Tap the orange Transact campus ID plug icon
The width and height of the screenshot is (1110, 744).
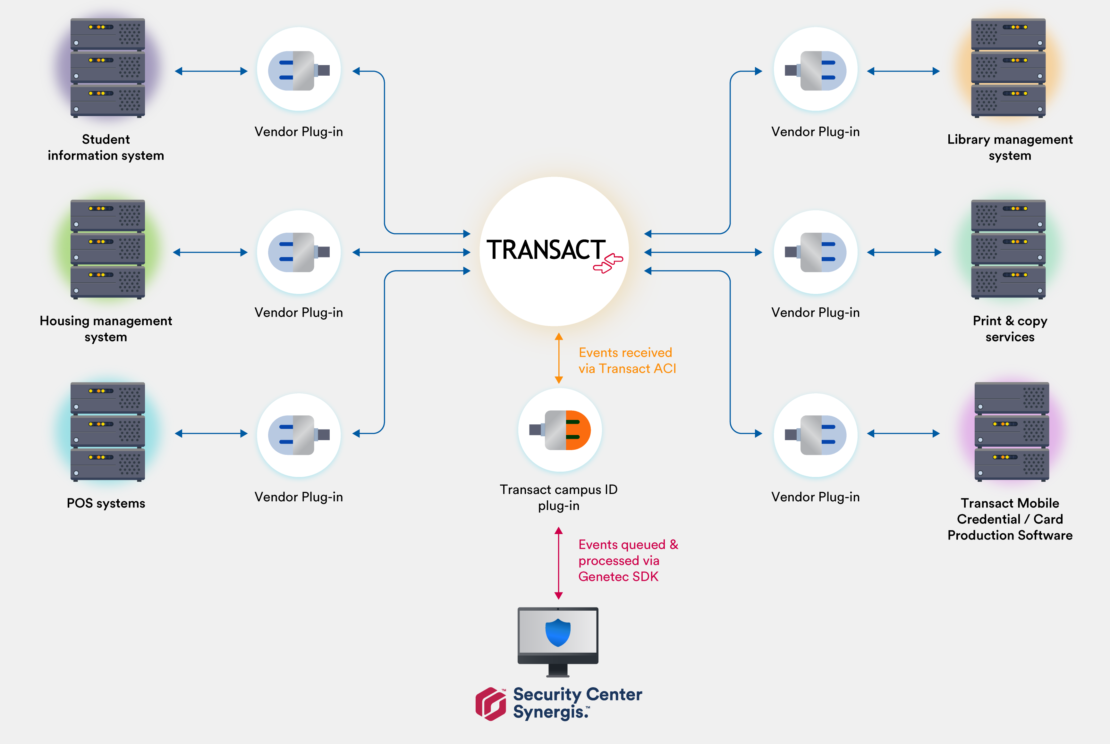[560, 430]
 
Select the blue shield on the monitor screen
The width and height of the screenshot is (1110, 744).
[558, 632]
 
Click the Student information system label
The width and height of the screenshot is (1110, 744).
[106, 147]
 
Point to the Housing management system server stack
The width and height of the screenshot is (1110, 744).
[108, 249]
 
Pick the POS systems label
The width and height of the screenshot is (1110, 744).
[106, 503]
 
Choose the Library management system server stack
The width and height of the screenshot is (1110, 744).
[1008, 68]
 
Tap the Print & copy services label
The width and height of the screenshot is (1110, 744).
[1010, 329]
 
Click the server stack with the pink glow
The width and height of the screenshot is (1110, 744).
[1012, 431]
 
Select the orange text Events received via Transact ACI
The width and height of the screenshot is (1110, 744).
[627, 361]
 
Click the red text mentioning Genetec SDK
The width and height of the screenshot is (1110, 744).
[628, 560]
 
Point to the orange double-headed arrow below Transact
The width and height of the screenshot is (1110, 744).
[559, 358]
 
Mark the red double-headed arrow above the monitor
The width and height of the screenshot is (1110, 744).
[559, 563]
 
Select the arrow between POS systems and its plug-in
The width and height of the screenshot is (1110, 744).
[211, 433]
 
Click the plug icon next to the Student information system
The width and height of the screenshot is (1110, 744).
[299, 70]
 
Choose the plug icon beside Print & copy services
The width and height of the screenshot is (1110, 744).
[816, 252]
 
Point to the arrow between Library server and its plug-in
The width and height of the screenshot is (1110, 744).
[903, 71]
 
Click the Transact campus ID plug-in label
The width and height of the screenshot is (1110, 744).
[559, 497]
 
